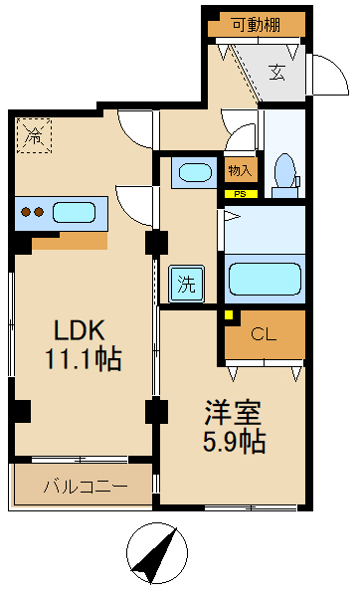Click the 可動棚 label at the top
click(x=257, y=26)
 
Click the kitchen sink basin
click(x=75, y=212)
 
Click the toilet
click(x=284, y=171)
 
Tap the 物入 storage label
click(x=239, y=171)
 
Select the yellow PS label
click(x=239, y=194)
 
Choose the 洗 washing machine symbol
click(x=187, y=284)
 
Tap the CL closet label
click(x=264, y=333)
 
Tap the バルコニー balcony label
click(x=85, y=487)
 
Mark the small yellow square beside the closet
click(x=230, y=316)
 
